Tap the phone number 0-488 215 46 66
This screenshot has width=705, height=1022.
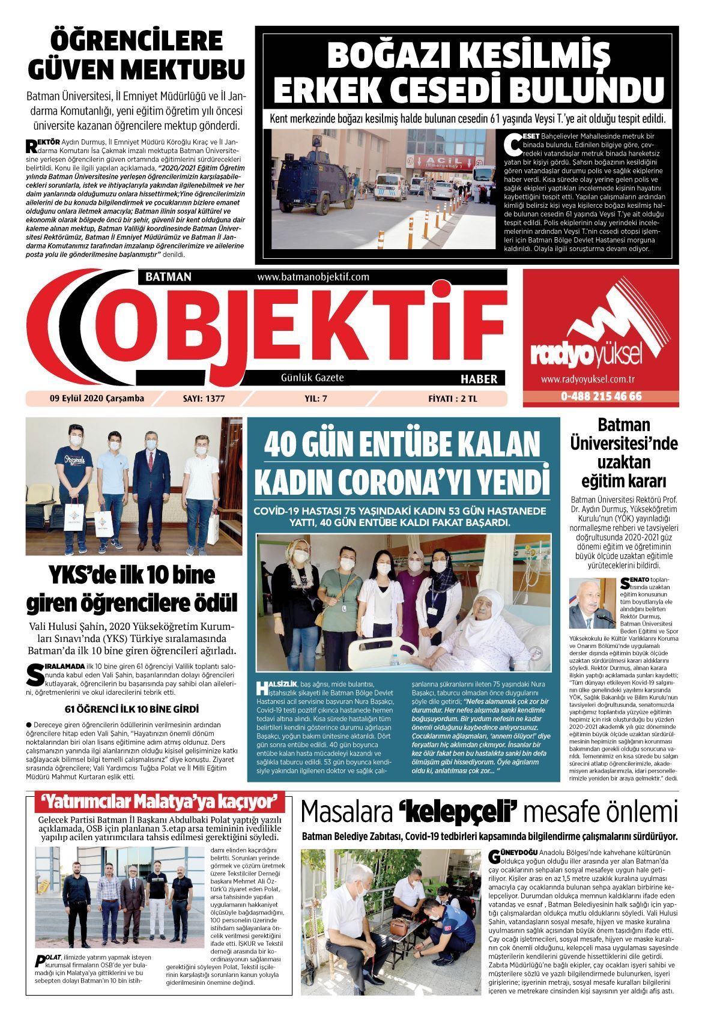coord(601,396)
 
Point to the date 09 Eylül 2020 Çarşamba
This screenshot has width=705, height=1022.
coord(97,398)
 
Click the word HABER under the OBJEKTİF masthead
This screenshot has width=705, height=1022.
coord(479,379)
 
